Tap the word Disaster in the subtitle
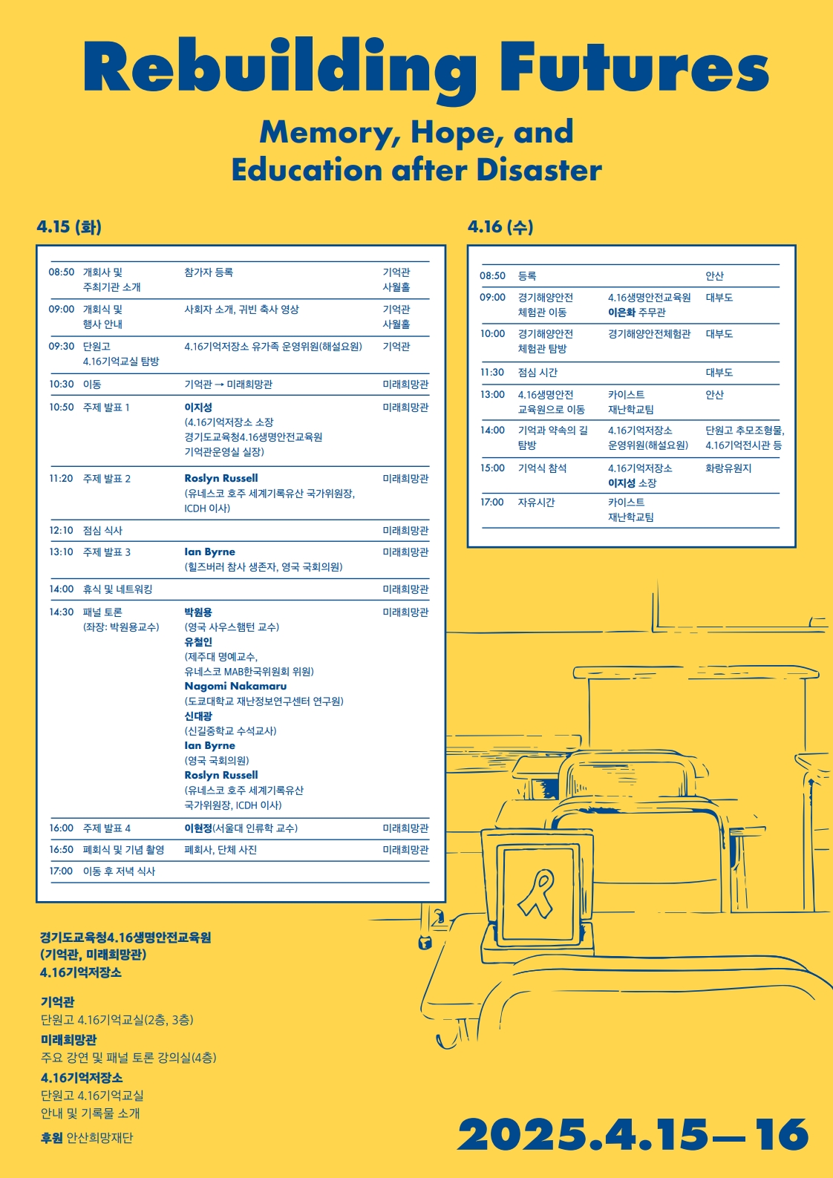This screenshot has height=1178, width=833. pos(539,169)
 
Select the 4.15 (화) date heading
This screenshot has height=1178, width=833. pos(69,226)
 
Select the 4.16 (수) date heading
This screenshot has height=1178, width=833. pos(500,226)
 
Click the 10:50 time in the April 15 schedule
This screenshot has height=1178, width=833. pos(62,407)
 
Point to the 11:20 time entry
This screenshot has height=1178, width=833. pos(62,478)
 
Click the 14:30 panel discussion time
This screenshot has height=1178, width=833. pos(62,612)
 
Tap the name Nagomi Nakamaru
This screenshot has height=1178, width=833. pos(235,686)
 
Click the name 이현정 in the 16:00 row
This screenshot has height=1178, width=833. pos(198,828)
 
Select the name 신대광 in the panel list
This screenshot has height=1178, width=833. pos(198,716)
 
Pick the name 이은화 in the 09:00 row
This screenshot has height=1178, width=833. pos(621,313)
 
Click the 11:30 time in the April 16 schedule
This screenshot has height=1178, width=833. pos(492,372)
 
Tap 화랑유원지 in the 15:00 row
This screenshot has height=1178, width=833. pos(728,468)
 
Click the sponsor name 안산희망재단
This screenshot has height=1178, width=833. pos(99,1137)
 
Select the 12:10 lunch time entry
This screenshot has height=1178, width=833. pos(62,530)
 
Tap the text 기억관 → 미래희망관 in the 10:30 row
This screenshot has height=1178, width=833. pos(228,384)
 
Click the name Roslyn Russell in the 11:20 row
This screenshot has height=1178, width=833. pos(221,478)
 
